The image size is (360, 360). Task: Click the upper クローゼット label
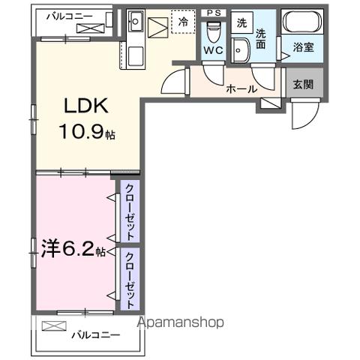[x=130, y=211]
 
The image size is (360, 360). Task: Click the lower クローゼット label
[x=130, y=280]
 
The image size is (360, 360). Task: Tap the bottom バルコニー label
[x=95, y=334]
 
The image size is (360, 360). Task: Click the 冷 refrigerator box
[x=182, y=22]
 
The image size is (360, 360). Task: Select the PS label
[x=213, y=13]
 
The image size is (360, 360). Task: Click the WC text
[x=212, y=51]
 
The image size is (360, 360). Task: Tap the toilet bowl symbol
[x=214, y=31]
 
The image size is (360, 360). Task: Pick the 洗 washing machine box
[x=241, y=22]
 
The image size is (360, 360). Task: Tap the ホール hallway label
[x=241, y=88]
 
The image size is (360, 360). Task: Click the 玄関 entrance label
[x=304, y=82]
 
